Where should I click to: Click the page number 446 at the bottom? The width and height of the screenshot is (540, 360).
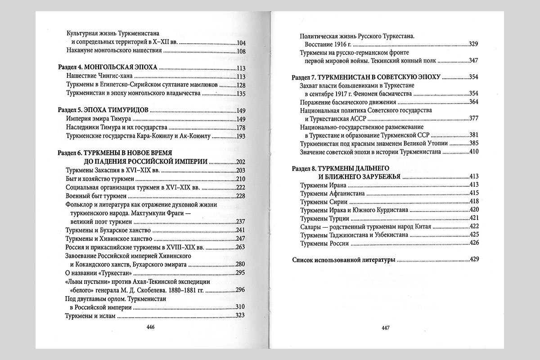tap(151, 327)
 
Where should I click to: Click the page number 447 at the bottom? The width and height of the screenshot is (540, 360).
tap(385, 327)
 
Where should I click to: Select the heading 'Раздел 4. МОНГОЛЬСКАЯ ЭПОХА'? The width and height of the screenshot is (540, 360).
tap(108, 67)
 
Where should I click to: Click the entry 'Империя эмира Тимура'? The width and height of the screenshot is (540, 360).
tap(98, 119)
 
